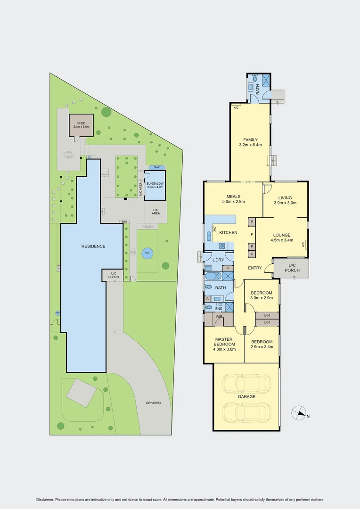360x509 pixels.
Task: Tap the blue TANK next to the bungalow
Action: pos(155,168)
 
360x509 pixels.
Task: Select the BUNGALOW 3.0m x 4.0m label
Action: pos(155,185)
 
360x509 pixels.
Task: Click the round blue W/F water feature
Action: pos(147,253)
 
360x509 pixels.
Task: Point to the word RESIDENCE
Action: pos(93,246)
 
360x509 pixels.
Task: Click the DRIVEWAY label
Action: pos(153,403)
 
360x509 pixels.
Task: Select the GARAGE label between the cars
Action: pos(246,397)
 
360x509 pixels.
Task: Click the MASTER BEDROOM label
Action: pos(225,342)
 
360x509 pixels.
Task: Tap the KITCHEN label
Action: pos(228,233)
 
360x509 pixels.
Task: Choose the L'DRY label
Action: pos(218,260)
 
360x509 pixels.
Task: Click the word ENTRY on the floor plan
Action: pos(254,268)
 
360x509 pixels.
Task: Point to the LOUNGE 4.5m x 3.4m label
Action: pos(281,238)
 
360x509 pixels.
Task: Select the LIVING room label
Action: pos(285,200)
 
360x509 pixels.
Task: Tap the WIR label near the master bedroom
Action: pos(219,317)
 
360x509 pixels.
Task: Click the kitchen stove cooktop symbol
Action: pos(221,246)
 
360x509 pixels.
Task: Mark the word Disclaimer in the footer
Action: pos(45,500)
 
